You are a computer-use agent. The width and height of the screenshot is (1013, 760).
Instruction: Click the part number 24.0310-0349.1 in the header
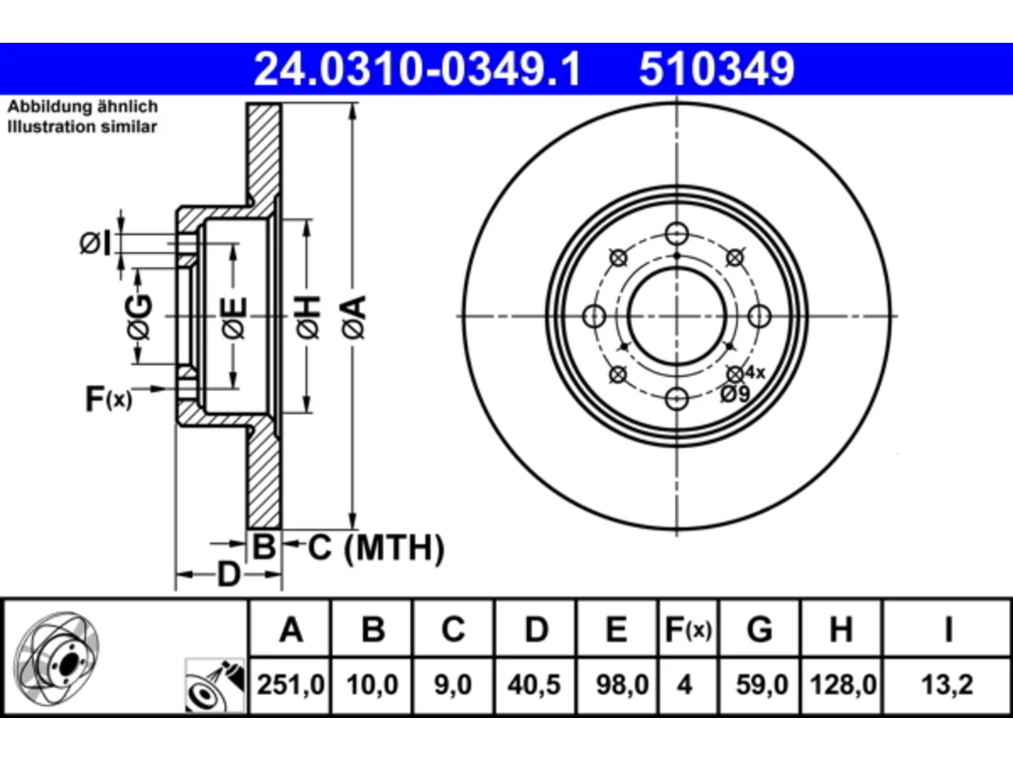pyautogui.click(x=417, y=69)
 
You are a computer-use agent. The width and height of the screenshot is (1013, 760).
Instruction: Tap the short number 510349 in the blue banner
pyautogui.click(x=717, y=69)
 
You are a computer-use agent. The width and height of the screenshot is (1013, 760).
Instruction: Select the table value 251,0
pyautogui.click(x=290, y=684)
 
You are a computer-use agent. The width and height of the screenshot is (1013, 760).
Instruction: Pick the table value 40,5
pyautogui.click(x=534, y=684)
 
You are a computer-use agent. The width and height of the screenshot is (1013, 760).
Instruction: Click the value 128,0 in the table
pyautogui.click(x=843, y=684)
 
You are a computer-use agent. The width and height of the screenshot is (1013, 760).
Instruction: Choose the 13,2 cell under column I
pyautogui.click(x=947, y=684)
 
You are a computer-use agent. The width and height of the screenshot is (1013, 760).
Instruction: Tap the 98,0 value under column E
pyautogui.click(x=623, y=684)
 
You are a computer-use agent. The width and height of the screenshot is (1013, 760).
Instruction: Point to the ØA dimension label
pyautogui.click(x=355, y=317)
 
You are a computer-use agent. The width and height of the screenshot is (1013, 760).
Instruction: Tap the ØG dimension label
pyautogui.click(x=140, y=317)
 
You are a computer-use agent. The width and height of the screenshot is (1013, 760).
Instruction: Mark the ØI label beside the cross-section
pyautogui.click(x=96, y=244)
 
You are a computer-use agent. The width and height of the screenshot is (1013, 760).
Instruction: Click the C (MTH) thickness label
pyautogui.click(x=376, y=548)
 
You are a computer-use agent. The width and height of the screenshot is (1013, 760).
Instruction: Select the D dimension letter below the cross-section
pyautogui.click(x=229, y=575)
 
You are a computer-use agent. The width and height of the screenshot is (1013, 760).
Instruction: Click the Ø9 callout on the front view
pyautogui.click(x=735, y=393)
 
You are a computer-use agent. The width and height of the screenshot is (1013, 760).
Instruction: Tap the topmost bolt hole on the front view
pyautogui.click(x=677, y=234)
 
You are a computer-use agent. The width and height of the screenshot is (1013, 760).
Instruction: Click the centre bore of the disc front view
pyautogui.click(x=677, y=317)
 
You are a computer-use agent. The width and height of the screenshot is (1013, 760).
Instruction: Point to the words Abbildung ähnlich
pyautogui.click(x=82, y=107)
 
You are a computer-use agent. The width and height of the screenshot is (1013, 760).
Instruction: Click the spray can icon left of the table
pyautogui.click(x=215, y=686)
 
